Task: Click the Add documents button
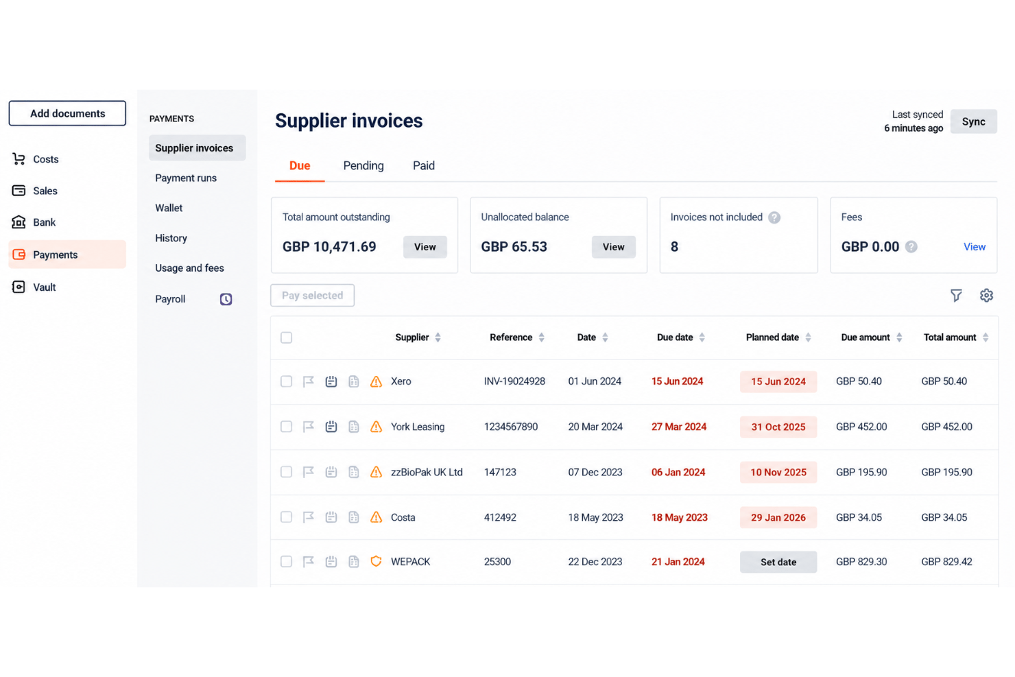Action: [x=67, y=113]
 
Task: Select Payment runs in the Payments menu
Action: [x=186, y=178]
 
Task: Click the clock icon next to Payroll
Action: [x=226, y=299]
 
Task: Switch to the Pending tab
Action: [x=363, y=166]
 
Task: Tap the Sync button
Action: [x=973, y=121]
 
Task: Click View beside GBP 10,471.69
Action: [x=425, y=247]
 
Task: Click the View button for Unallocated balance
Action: [x=614, y=247]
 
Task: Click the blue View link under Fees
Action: [x=975, y=247]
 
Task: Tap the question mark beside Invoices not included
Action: [x=774, y=217]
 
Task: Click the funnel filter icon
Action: [x=956, y=296]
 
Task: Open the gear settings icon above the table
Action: [x=986, y=296]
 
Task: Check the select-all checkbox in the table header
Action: [x=287, y=337]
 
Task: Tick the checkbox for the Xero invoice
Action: [x=287, y=381]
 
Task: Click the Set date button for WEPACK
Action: [x=778, y=562]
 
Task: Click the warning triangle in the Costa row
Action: [x=376, y=517]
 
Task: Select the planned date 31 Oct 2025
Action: [x=778, y=427]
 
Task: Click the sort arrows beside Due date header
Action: [x=702, y=337]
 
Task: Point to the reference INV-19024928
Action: [x=514, y=381]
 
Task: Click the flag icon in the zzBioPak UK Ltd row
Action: [x=309, y=472]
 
